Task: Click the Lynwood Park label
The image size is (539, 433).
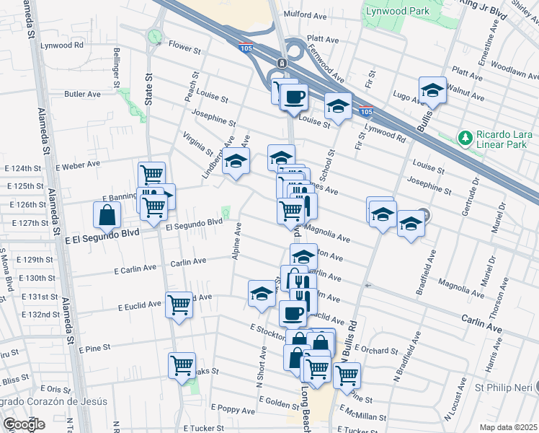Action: [x=397, y=12]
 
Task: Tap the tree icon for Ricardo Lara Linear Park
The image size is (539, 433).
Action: [x=465, y=137]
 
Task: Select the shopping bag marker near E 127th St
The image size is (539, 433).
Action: [x=107, y=215]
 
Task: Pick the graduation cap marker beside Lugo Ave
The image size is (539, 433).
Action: [x=432, y=90]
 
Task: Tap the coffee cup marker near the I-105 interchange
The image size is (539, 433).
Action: [x=293, y=96]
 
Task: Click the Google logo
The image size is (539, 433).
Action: [x=24, y=424]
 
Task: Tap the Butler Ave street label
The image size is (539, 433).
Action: [x=82, y=94]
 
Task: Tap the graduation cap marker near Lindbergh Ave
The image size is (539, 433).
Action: [x=236, y=162]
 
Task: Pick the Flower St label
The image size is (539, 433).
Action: [x=184, y=48]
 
